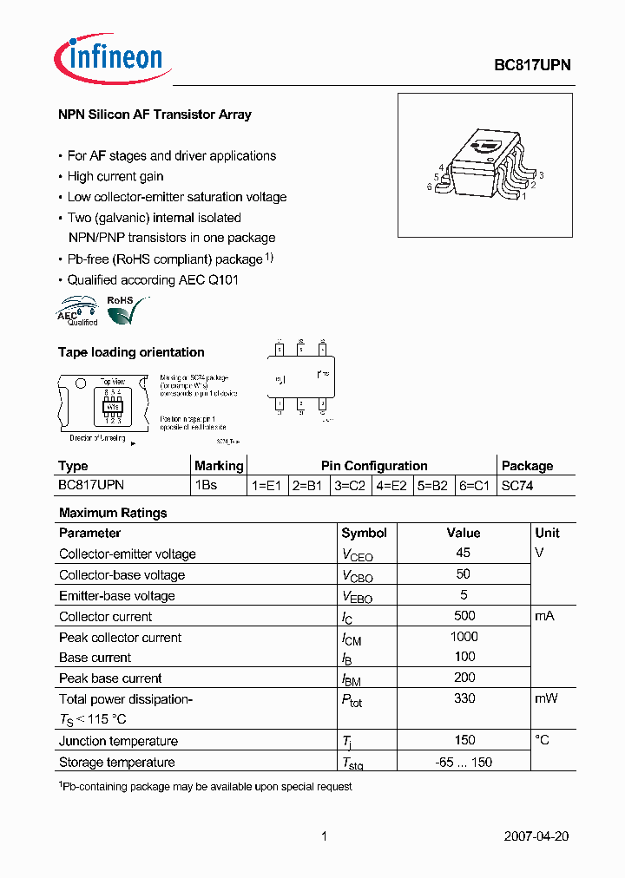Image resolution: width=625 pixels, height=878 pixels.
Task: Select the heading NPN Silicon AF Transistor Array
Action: (155, 115)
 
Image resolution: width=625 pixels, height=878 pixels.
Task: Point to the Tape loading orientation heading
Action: (131, 352)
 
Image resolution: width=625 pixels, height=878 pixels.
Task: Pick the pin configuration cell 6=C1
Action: (475, 486)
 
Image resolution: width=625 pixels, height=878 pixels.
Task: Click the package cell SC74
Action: (517, 486)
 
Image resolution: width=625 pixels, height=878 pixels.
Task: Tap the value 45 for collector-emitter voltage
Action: (463, 553)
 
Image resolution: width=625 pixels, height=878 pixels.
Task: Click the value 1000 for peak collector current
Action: (464, 637)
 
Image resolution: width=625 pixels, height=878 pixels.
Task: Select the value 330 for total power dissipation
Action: (464, 698)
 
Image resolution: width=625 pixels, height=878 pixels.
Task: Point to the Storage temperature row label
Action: (116, 762)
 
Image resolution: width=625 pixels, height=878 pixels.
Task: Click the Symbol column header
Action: (364, 533)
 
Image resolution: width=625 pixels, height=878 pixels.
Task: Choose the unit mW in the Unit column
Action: (546, 698)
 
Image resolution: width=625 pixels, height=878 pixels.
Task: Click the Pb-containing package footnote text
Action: (205, 786)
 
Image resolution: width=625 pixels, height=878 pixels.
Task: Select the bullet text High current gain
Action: (115, 176)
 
